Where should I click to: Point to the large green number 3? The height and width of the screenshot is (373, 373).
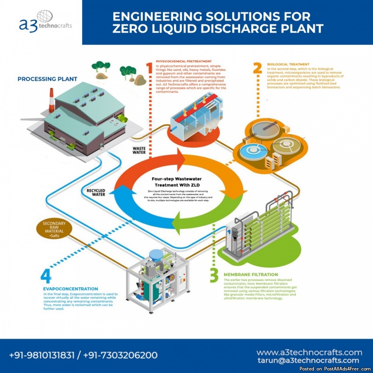click(214, 275)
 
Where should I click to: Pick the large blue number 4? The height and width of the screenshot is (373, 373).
click(46, 276)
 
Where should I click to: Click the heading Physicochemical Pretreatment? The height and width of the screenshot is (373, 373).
click(178, 61)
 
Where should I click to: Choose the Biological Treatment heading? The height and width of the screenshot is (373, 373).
click(288, 64)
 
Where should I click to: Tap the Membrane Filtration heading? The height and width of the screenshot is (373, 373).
click(251, 274)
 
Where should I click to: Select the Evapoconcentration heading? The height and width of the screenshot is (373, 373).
click(70, 288)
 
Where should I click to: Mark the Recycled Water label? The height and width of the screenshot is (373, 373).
click(96, 192)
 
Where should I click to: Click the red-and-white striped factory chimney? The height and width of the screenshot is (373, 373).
click(52, 100)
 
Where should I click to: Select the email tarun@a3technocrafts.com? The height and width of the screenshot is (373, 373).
click(308, 361)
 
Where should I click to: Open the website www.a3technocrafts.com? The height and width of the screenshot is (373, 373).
click(309, 352)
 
